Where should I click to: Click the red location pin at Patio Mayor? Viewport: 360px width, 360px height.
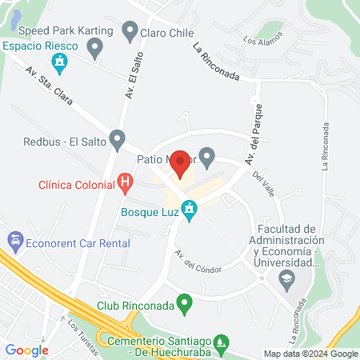pos(181,163)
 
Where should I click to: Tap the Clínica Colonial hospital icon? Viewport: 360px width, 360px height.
pos(125,183)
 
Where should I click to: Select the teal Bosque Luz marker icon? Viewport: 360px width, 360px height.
pos(189,212)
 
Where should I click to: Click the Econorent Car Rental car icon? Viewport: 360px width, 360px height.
pos(14,239)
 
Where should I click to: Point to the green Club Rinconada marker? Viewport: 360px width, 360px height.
pos(185,304)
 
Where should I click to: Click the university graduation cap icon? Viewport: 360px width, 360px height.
pos(286,278)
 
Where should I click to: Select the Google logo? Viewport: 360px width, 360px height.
pos(26,350)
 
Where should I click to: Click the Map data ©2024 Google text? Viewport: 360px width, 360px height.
pos(311,354)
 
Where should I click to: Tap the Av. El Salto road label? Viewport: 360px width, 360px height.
pos(130,81)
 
